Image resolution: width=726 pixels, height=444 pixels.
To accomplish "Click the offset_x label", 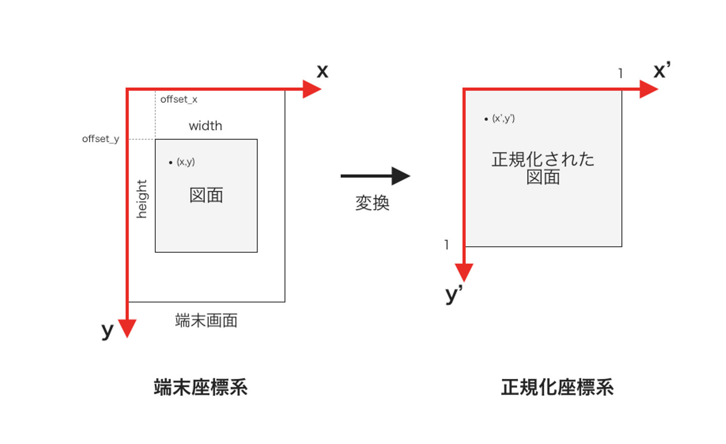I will pos(178,100).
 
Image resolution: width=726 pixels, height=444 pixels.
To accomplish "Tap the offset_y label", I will pos(100,139).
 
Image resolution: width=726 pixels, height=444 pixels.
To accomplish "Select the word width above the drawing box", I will pos(205,126).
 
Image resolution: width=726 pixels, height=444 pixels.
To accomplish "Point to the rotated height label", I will pos(142,199).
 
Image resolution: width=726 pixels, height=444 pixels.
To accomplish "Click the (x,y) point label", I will pos(185,162).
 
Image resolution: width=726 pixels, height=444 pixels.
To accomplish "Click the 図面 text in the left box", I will pos(206,195).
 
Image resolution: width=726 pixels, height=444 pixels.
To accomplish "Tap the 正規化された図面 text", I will pos(543,168).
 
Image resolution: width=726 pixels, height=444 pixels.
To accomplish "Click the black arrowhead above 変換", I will pos(401,176).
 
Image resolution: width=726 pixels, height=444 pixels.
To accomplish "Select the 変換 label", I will pos(373,203).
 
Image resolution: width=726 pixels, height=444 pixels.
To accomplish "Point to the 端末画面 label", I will pos(206,321).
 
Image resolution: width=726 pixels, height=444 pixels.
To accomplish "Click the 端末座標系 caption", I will pos(201,388).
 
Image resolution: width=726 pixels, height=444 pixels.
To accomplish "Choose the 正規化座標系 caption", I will pos(557,388).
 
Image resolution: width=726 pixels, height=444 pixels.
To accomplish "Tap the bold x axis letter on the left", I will pos(322,71).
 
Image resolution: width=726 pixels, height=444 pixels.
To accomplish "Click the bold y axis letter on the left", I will pos(107,331).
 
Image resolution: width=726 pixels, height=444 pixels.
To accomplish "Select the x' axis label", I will pos(661,70).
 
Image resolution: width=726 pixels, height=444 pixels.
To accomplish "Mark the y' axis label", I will pos(454,294).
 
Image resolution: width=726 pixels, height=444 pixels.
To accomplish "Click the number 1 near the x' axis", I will pos(621,73).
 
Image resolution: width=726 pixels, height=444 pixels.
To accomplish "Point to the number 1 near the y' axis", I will pos(446,245).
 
